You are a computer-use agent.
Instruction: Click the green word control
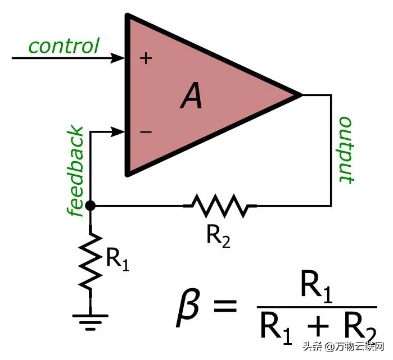64,45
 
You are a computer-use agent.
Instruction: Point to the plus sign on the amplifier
146,58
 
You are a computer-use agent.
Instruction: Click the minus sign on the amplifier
146,133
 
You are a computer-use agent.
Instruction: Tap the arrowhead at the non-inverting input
119,58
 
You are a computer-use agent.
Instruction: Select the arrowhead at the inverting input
119,133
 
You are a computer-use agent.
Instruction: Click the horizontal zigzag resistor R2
220,206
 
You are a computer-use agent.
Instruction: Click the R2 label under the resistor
218,236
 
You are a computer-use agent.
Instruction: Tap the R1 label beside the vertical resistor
117,260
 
